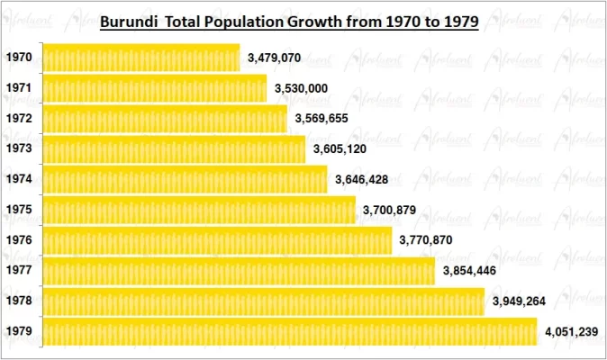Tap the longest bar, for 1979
click(x=289, y=332)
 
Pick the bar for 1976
click(x=217, y=240)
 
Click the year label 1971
click(x=19, y=88)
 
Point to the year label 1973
click(x=19, y=148)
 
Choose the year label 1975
click(x=19, y=210)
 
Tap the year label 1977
click(x=19, y=270)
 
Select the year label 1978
click(x=19, y=301)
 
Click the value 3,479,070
click(x=276, y=58)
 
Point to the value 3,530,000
click(x=301, y=88)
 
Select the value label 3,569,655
click(x=321, y=119)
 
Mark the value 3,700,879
click(x=391, y=210)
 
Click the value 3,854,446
click(x=470, y=270)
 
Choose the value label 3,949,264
click(x=519, y=301)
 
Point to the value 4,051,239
click(x=572, y=332)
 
